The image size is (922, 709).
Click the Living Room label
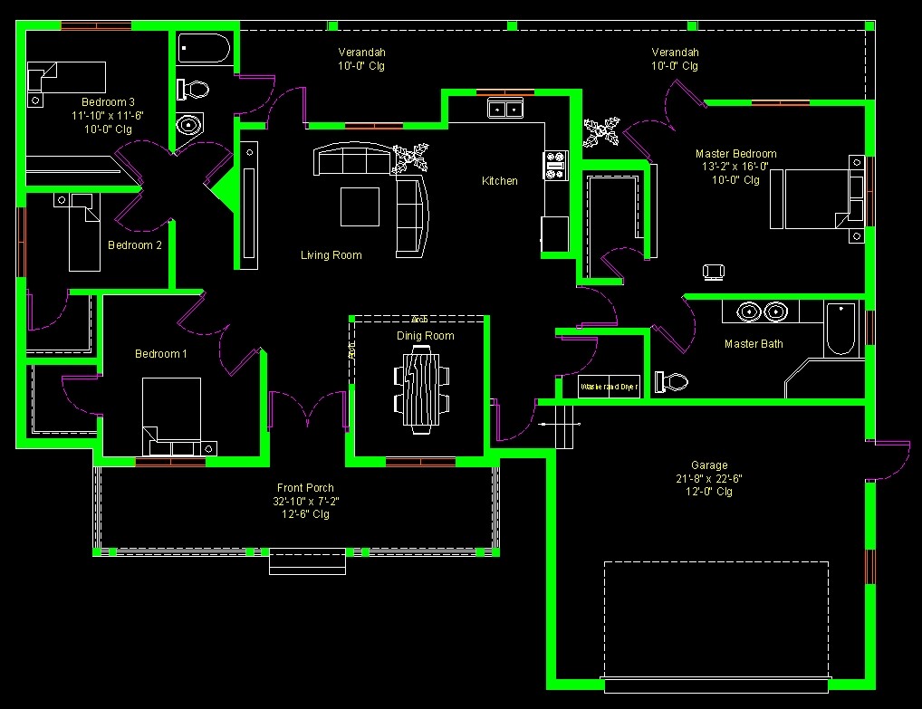[x=331, y=255]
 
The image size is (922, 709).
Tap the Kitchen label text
[x=499, y=181]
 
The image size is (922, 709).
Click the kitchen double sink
[x=504, y=110]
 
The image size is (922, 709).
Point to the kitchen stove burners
[x=554, y=166]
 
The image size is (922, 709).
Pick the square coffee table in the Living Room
[x=360, y=206]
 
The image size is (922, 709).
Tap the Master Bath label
[x=754, y=344]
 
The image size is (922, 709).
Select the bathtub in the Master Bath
[x=840, y=329]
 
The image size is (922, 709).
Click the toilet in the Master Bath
[x=671, y=382]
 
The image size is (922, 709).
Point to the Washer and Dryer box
[x=609, y=387]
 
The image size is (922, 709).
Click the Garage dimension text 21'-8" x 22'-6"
[x=708, y=479]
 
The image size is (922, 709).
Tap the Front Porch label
[x=306, y=488]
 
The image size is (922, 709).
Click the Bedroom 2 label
[x=135, y=245]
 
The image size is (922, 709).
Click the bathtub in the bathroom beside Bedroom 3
[x=204, y=48]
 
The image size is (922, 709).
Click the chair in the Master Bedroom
[x=714, y=271]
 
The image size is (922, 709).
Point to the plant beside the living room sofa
[x=410, y=158]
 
